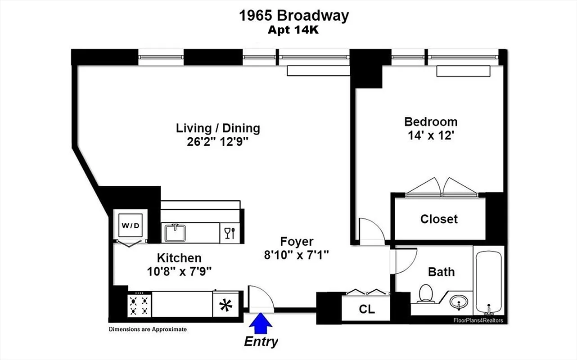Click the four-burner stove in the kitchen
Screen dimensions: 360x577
(138, 305)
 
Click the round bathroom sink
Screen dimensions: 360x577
(458, 301)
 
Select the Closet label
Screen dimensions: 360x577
(439, 219)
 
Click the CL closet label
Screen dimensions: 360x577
(367, 310)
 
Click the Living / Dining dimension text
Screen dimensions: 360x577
(218, 142)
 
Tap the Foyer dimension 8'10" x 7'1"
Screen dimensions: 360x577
(297, 255)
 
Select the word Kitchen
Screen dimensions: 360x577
(179, 258)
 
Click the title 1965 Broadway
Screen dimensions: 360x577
(294, 16)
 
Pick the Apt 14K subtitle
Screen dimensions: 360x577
(294, 31)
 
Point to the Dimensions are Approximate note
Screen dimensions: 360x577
(148, 329)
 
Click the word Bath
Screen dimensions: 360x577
(441, 272)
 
